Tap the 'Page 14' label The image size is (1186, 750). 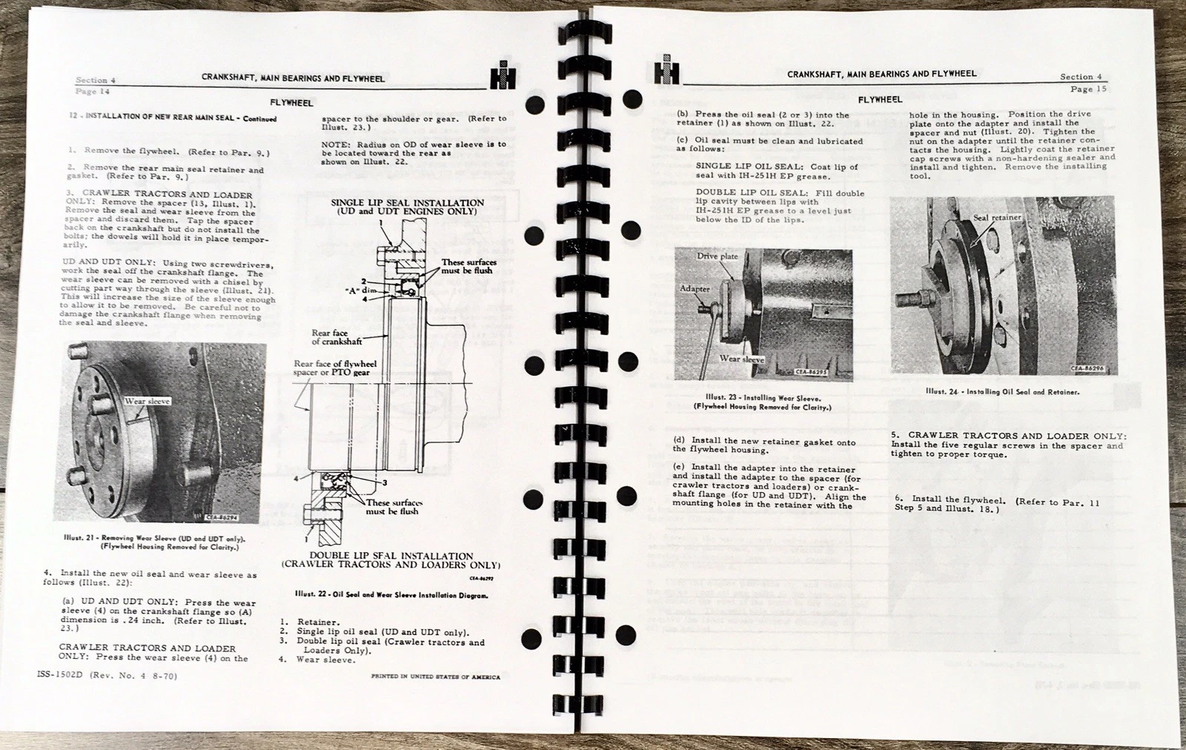point(93,92)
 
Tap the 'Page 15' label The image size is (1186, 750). point(1088,89)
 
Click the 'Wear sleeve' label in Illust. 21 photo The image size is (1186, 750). point(148,401)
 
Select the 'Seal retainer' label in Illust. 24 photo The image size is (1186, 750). point(996,217)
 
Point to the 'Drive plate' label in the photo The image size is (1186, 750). point(717,256)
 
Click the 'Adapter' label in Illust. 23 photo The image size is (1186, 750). point(695,288)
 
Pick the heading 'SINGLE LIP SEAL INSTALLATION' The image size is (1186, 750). point(407,202)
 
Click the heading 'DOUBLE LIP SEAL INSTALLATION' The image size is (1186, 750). point(391,556)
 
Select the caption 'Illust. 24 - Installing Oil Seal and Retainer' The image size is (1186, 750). point(1002,392)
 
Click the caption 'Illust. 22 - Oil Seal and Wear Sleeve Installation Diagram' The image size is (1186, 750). point(391,594)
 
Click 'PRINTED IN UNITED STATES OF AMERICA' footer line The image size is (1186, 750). point(435,677)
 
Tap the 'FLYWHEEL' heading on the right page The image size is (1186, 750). point(880,99)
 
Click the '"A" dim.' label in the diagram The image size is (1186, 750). point(334,290)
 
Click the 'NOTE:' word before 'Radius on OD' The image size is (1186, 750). point(336,145)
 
